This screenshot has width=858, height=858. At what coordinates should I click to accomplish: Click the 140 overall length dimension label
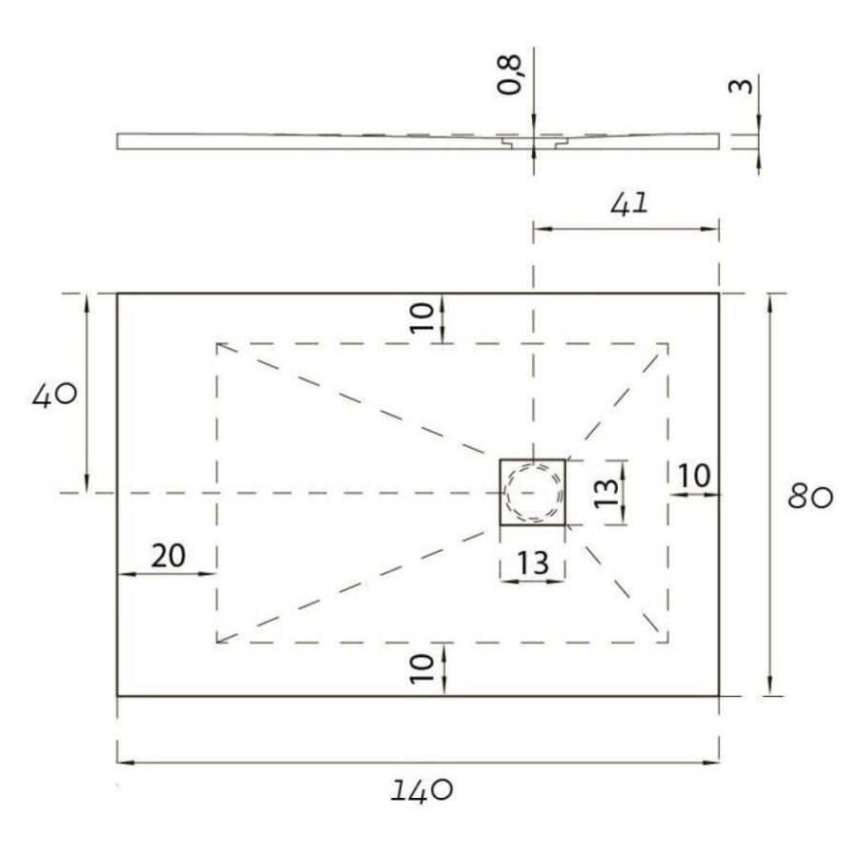pyautogui.click(x=422, y=790)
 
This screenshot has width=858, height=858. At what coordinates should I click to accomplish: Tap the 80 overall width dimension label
pyautogui.click(x=810, y=498)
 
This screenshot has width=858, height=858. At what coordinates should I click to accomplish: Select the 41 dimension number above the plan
pyautogui.click(x=630, y=204)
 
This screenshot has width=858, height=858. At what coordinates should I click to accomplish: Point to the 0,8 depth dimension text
pyautogui.click(x=510, y=75)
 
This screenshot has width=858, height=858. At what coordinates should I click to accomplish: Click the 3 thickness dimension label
pyautogui.click(x=742, y=86)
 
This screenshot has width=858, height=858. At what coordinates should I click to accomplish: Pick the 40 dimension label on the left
pyautogui.click(x=54, y=395)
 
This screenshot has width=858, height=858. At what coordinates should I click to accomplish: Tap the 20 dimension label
pyautogui.click(x=169, y=556)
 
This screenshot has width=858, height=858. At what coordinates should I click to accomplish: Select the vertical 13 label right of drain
pyautogui.click(x=605, y=493)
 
